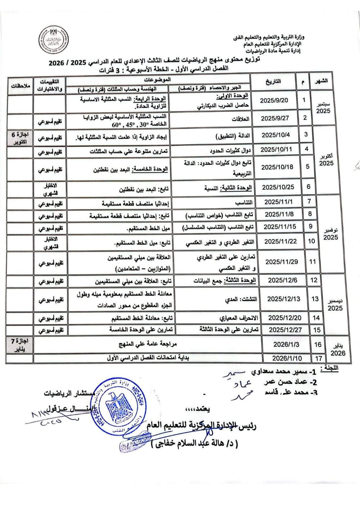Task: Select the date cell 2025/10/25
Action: (x=278, y=187)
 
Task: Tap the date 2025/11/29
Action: (x=282, y=262)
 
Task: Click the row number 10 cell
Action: (x=311, y=241)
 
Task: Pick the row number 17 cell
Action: (x=319, y=358)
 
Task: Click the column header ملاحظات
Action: (x=20, y=85)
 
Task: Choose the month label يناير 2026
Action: (x=338, y=350)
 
